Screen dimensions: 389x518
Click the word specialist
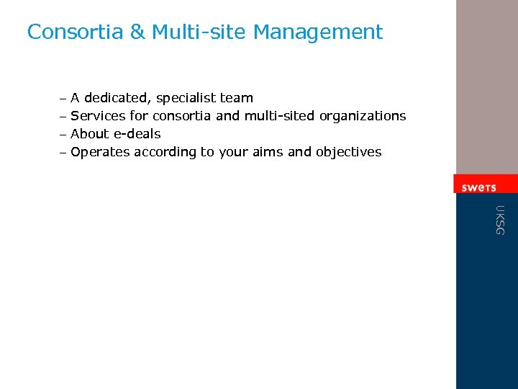(186, 98)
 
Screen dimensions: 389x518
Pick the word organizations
(363, 116)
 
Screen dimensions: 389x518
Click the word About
(89, 133)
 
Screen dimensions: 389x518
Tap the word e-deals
(137, 133)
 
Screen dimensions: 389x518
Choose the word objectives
(348, 152)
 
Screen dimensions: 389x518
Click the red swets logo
(479, 187)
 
